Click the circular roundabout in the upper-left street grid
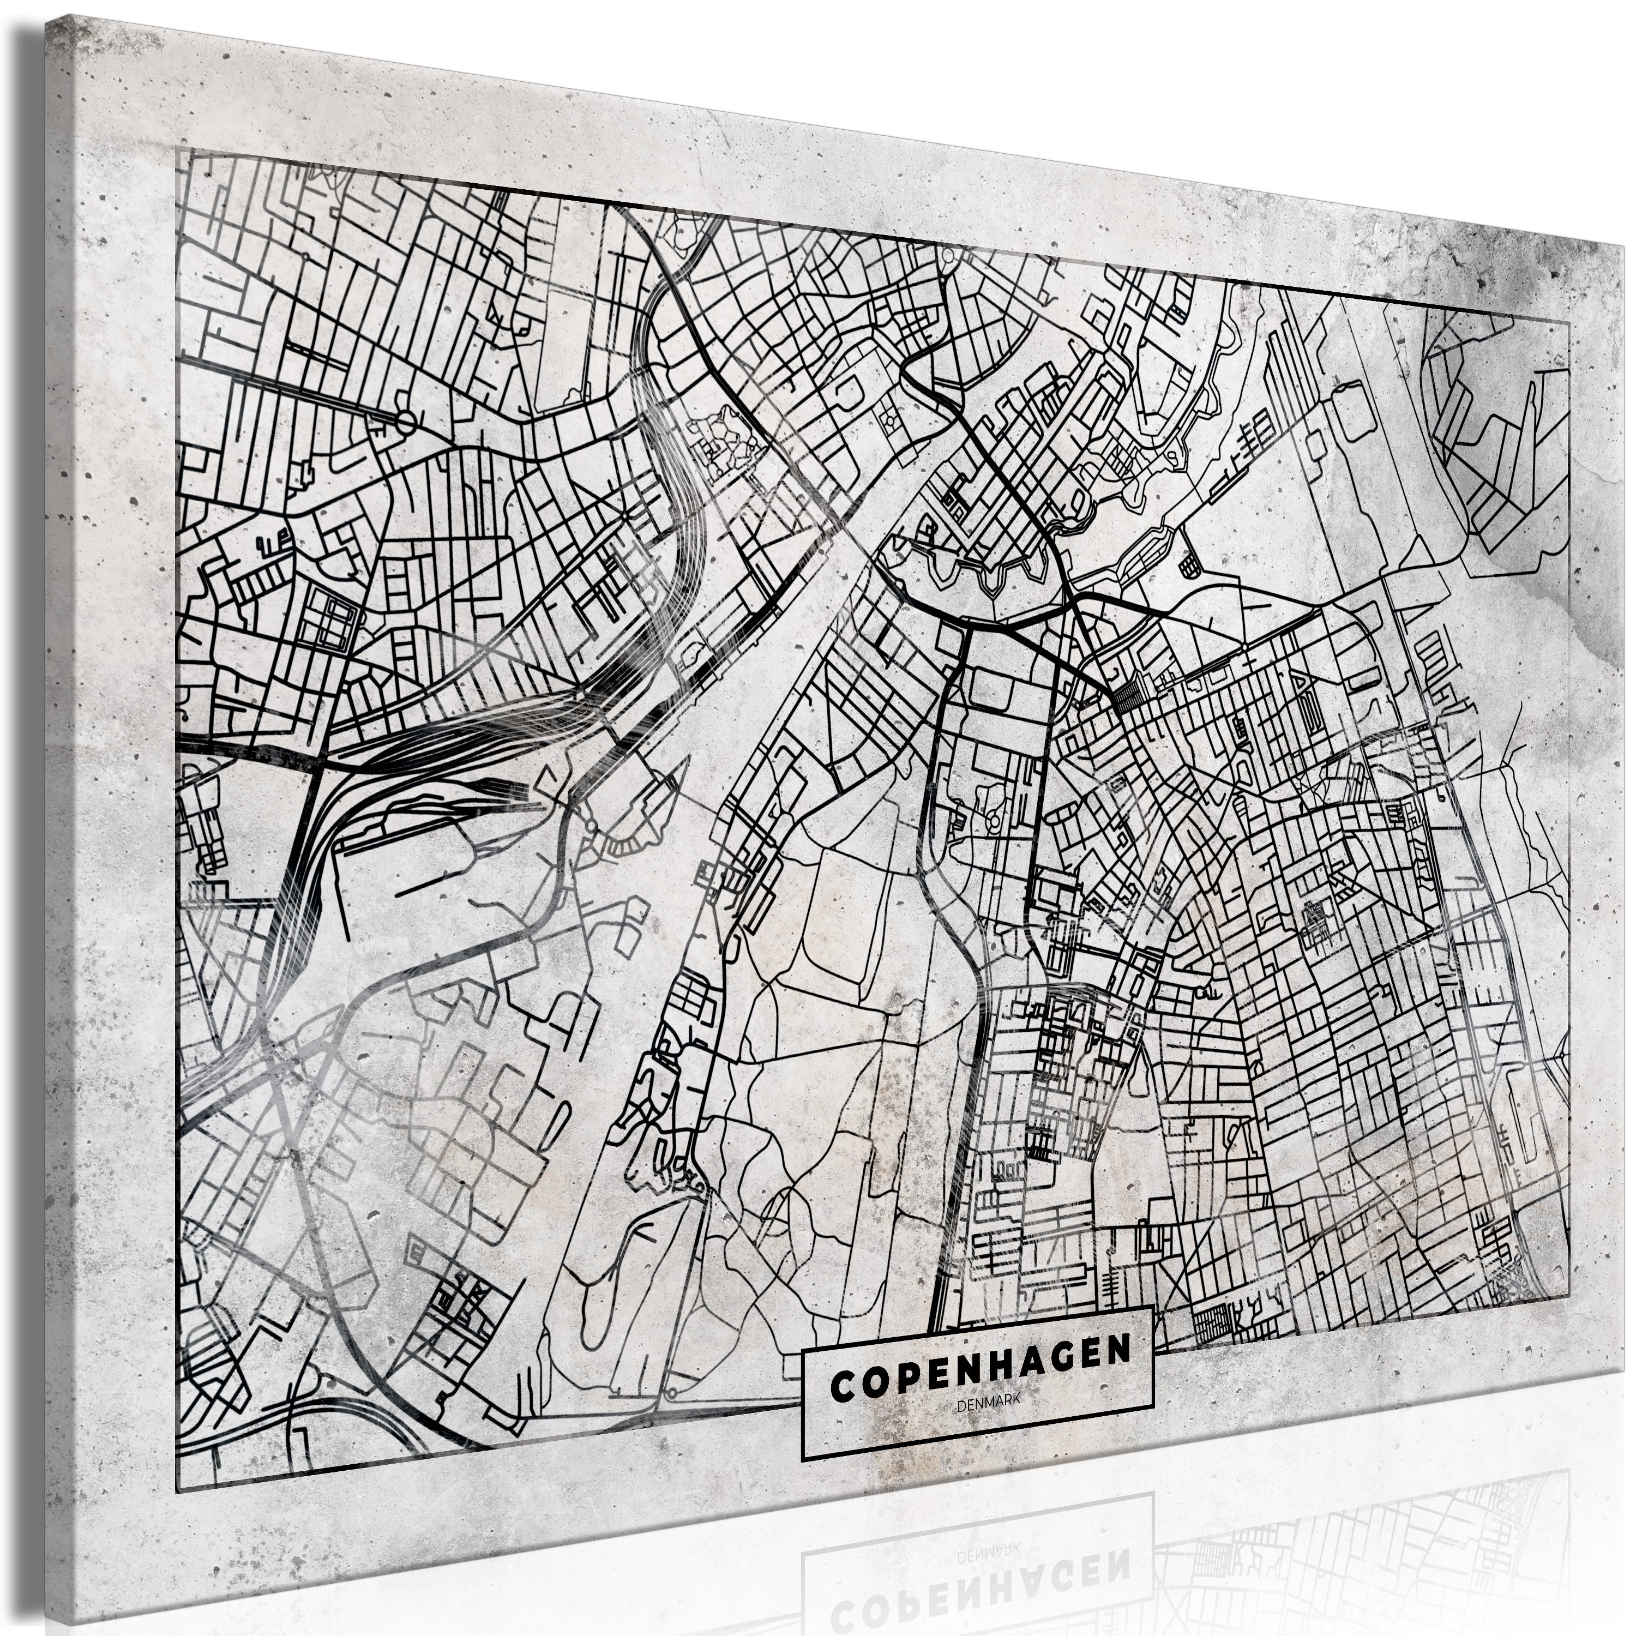(x=406, y=422)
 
